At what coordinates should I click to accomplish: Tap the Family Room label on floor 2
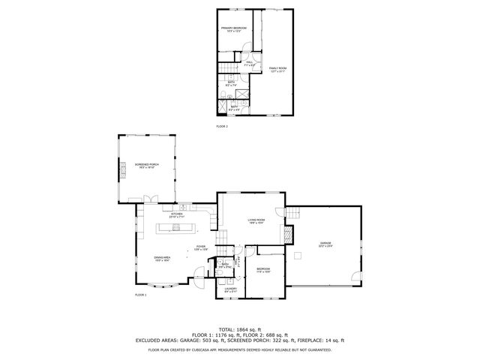(x=277, y=70)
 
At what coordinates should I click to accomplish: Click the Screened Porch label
(x=146, y=166)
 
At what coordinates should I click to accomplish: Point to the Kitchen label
(x=177, y=215)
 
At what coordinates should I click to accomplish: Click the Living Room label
(x=257, y=221)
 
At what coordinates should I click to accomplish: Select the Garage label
(x=325, y=244)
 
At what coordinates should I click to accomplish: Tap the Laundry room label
(x=231, y=290)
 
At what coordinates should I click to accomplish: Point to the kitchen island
(x=175, y=227)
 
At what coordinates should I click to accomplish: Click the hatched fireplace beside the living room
(x=288, y=235)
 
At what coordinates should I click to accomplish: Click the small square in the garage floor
(x=299, y=256)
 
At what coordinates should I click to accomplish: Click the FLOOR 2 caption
(x=222, y=126)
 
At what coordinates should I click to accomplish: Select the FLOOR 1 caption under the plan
(x=141, y=295)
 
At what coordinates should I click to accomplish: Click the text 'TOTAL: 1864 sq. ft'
(x=240, y=329)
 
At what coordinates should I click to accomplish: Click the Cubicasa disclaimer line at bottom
(x=240, y=349)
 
